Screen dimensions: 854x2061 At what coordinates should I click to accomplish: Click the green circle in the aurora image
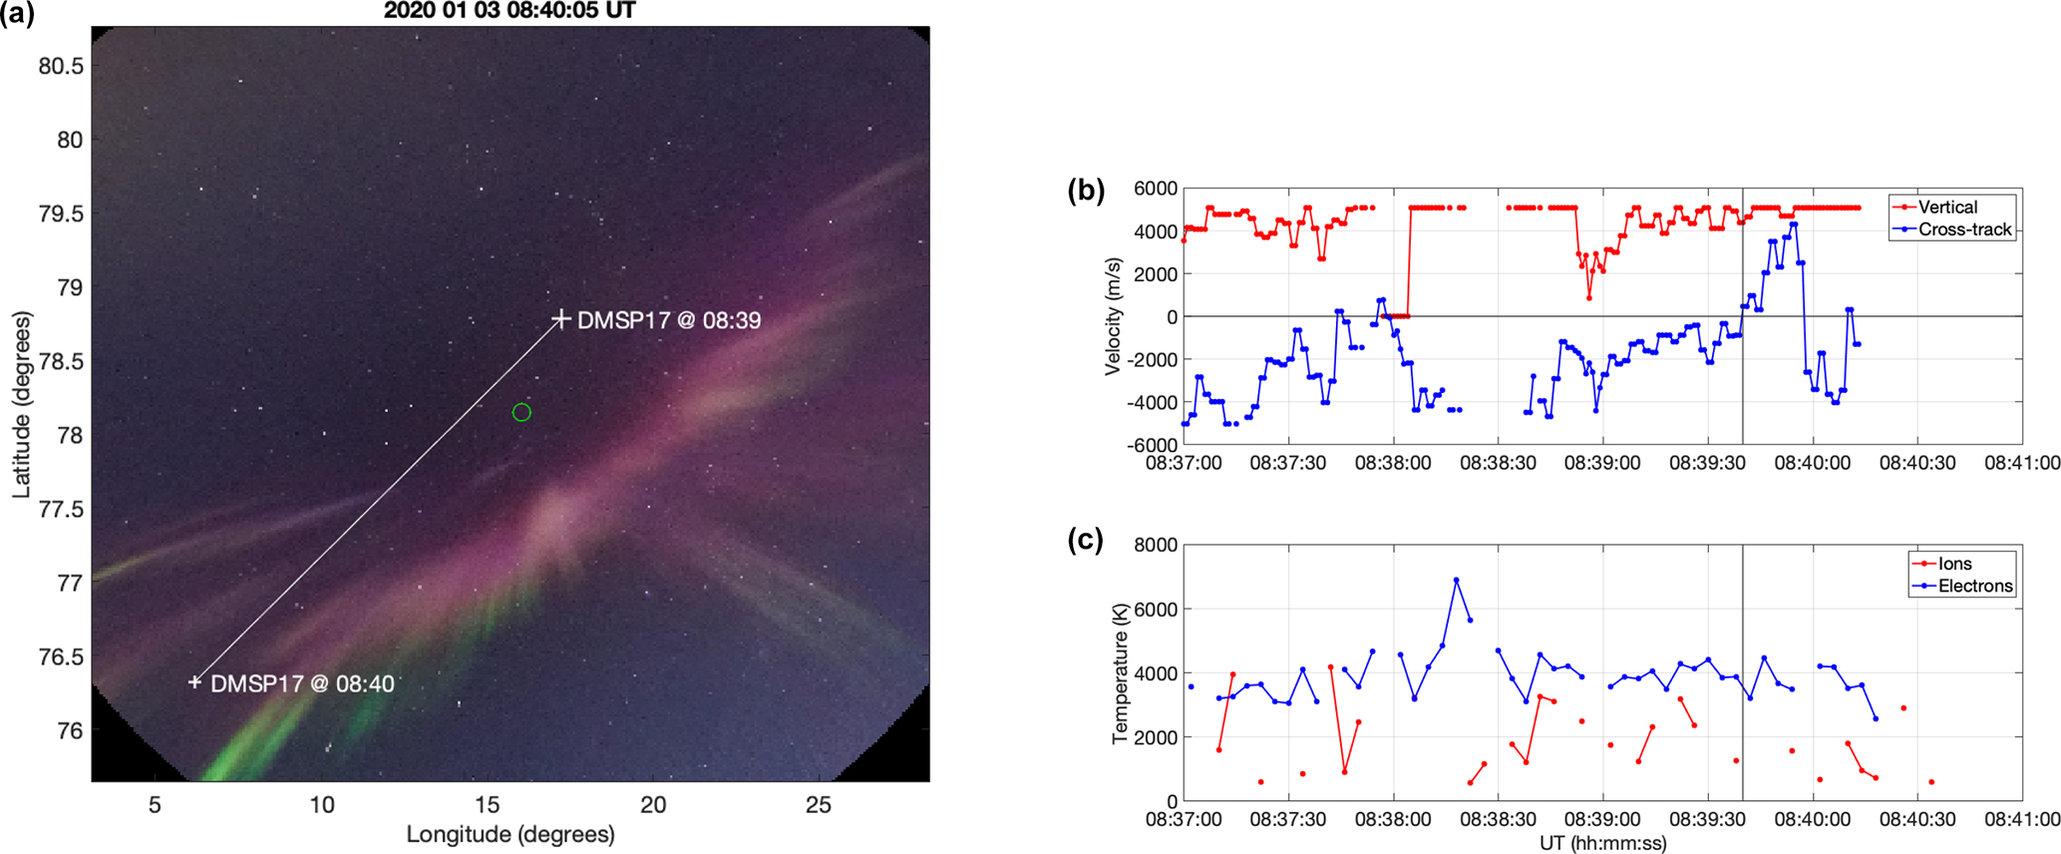click(521, 412)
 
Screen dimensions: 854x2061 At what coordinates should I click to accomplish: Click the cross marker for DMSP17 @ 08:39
click(561, 319)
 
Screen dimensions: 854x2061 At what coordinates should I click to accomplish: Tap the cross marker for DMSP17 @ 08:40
click(195, 682)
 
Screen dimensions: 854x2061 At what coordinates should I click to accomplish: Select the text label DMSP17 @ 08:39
click(669, 320)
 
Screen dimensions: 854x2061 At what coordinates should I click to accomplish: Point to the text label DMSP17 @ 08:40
click(302, 683)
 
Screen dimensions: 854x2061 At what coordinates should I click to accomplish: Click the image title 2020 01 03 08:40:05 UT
click(510, 11)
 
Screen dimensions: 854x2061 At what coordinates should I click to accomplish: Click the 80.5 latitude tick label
click(61, 66)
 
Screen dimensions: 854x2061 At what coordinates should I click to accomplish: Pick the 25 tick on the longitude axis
click(818, 805)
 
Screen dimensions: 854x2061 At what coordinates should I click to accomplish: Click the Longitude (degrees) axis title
click(510, 834)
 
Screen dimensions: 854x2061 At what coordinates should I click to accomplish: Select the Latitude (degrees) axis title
click(21, 404)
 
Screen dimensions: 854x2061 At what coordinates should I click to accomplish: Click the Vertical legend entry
click(1946, 208)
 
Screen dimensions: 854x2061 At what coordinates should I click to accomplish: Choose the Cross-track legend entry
click(1964, 229)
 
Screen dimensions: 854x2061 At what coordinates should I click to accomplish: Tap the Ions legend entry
click(1954, 564)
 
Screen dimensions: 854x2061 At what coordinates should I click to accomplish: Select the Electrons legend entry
click(1974, 586)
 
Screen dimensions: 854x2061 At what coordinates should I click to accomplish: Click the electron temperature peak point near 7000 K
click(1456, 580)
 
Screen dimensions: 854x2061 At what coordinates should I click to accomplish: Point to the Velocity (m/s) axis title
click(1113, 316)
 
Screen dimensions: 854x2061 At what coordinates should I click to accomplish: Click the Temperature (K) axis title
click(1120, 673)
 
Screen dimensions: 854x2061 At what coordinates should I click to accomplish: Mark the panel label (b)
click(1086, 190)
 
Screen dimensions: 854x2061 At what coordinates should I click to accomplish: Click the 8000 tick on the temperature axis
click(1156, 545)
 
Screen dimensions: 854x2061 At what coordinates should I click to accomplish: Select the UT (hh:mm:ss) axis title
click(1602, 843)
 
